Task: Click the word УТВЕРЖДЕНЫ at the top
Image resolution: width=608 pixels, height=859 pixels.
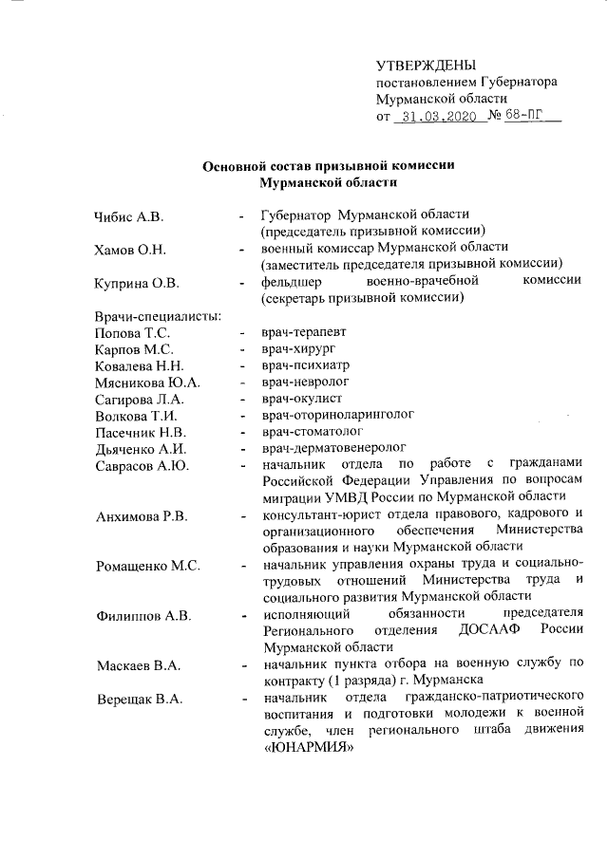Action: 425,65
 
